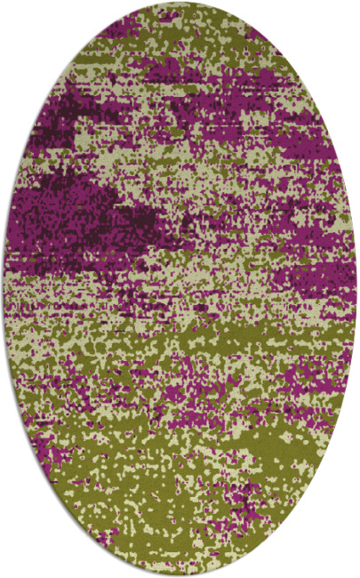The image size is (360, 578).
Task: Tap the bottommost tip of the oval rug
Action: coord(180,574)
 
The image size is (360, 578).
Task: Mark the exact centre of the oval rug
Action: coord(180,289)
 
